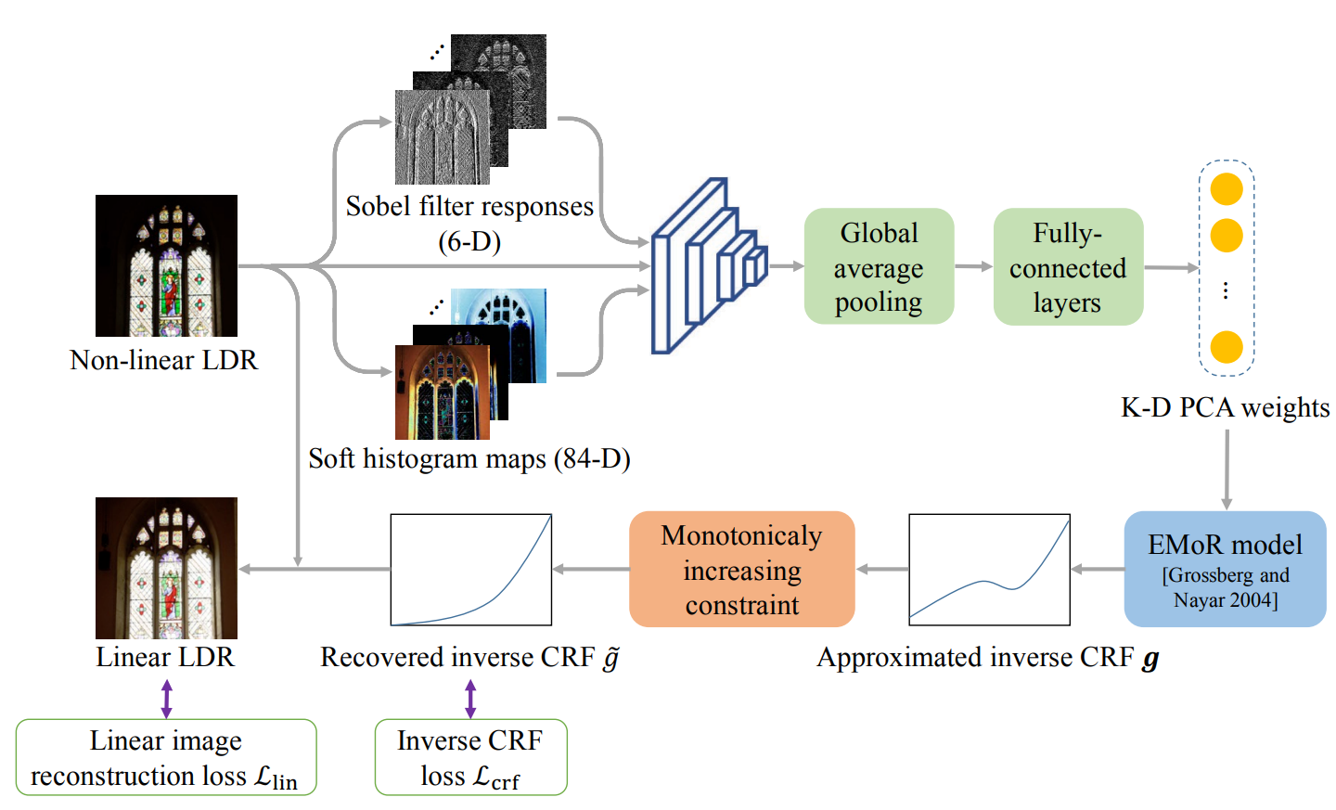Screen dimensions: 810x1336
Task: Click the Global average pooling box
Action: pyautogui.click(x=879, y=266)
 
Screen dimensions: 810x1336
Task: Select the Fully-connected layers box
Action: pyautogui.click(x=1068, y=267)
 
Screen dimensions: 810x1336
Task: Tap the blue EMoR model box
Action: pyautogui.click(x=1225, y=569)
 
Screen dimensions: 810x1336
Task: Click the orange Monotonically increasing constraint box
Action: pyautogui.click(x=741, y=569)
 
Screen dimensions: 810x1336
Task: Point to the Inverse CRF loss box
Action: pyautogui.click(x=470, y=757)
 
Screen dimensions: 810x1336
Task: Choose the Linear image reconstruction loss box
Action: pyautogui.click(x=166, y=757)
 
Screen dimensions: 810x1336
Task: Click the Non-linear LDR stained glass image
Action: pyautogui.click(x=166, y=265)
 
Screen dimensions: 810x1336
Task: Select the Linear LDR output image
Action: pyautogui.click(x=166, y=568)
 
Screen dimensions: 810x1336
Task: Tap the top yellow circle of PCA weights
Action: pyautogui.click(x=1227, y=189)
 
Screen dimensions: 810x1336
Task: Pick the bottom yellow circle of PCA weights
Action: pyautogui.click(x=1227, y=347)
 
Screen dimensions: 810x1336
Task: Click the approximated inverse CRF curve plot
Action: pyautogui.click(x=989, y=570)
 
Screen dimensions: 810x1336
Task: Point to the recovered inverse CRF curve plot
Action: pyautogui.click(x=471, y=570)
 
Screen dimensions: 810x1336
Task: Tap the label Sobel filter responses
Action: pyautogui.click(x=469, y=206)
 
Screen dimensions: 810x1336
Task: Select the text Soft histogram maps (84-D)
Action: pyautogui.click(x=469, y=459)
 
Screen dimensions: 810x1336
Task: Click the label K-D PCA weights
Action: pyautogui.click(x=1225, y=407)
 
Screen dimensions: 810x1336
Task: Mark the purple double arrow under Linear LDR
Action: pyautogui.click(x=166, y=699)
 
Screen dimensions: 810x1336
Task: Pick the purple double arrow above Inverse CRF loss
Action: pyautogui.click(x=470, y=699)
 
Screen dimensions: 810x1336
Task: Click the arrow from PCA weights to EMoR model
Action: pyautogui.click(x=1227, y=469)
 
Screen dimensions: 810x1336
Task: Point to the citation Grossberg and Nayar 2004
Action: pyautogui.click(x=1226, y=587)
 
